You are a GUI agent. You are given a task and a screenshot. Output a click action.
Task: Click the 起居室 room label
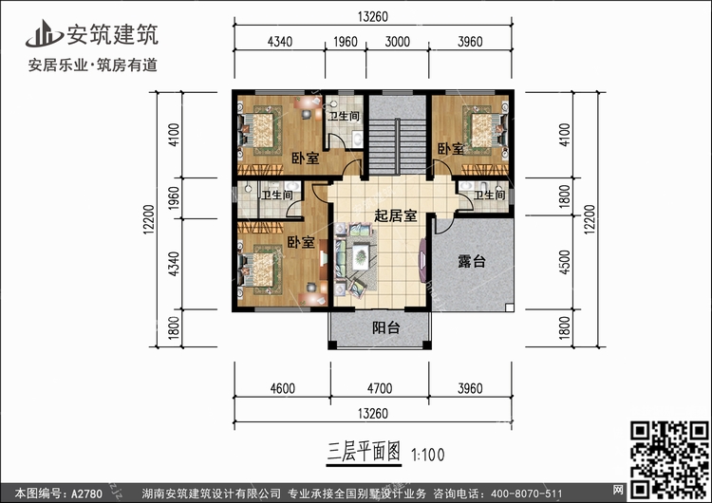point(396,216)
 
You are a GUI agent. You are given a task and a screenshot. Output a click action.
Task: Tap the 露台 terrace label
point(471,261)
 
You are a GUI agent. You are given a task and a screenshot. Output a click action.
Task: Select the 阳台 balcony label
point(384,328)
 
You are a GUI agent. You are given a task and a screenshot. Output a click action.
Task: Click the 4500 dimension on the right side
point(566,261)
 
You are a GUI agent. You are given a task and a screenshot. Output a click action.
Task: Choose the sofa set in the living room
point(358,255)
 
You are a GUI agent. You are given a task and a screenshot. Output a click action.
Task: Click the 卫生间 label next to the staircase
point(343,116)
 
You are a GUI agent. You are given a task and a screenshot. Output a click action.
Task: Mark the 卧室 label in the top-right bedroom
point(451,149)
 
